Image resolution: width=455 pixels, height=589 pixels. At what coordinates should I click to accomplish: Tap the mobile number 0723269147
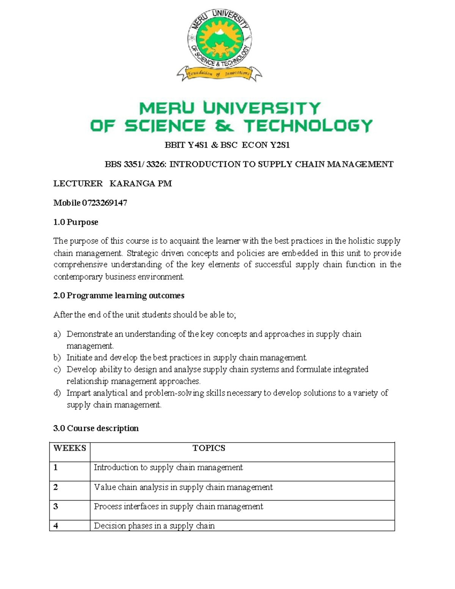(107, 203)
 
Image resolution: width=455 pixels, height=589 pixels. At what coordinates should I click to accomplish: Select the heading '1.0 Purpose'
(75, 222)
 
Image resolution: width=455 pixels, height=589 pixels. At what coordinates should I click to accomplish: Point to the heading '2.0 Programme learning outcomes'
(119, 295)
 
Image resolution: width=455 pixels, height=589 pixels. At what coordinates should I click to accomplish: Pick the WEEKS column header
(69, 448)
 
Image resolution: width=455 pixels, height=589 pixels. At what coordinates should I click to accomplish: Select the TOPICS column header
(209, 448)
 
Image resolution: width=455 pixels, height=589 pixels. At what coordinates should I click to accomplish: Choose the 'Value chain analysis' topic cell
(183, 487)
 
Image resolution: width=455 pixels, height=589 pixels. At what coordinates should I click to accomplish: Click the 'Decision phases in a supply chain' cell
(154, 526)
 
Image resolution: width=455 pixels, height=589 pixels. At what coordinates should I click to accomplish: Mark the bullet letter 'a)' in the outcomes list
(57, 334)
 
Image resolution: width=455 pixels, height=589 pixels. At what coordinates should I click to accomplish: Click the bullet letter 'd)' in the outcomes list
(57, 393)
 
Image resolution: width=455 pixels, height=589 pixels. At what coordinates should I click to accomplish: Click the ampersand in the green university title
(224, 126)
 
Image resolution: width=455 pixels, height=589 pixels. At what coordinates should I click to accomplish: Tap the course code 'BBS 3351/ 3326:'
(136, 164)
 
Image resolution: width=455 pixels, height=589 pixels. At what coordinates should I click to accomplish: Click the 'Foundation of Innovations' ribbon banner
(219, 74)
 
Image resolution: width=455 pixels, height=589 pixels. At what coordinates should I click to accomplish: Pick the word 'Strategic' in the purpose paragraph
(142, 253)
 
